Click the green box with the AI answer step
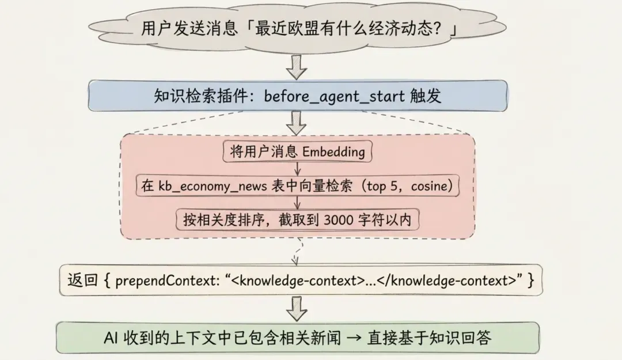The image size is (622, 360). click(x=298, y=338)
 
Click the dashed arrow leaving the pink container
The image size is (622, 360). click(x=297, y=252)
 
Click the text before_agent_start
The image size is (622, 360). click(x=335, y=96)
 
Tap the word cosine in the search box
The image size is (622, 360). click(x=431, y=186)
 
